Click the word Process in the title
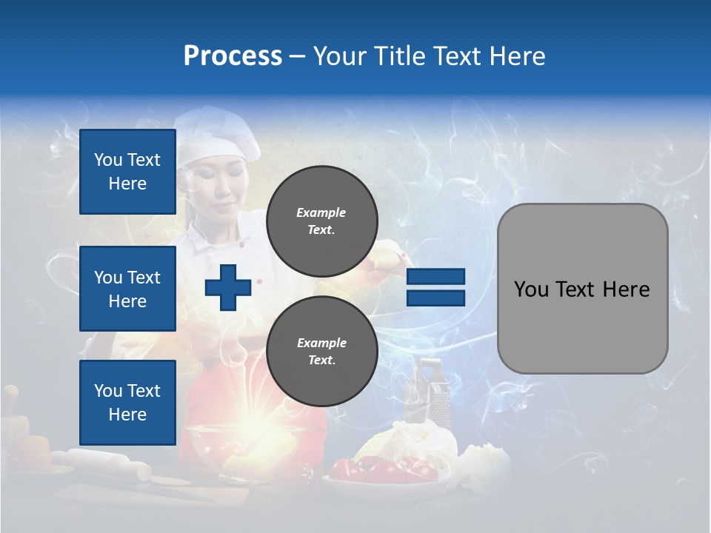[x=233, y=56]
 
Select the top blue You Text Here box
[x=127, y=172]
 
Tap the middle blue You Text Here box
[x=127, y=289]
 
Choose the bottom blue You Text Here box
[x=127, y=403]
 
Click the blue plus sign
[x=228, y=287]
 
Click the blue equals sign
[x=435, y=287]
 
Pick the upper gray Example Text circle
[x=321, y=221]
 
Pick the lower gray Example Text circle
[x=321, y=352]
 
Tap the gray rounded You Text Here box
[x=582, y=289]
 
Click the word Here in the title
[x=516, y=56]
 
